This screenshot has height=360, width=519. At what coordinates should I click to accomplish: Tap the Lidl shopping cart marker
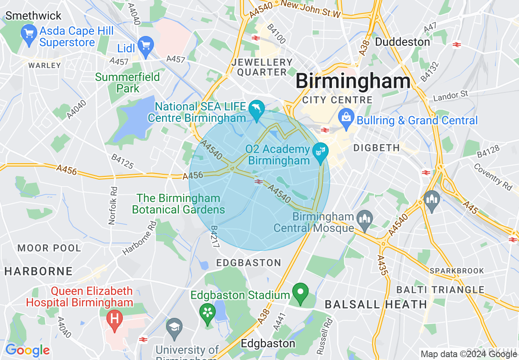[x=146, y=46]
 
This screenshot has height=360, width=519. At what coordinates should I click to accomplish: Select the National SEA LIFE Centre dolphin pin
[x=257, y=110]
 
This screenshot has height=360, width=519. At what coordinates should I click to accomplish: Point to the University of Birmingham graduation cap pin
[x=175, y=328]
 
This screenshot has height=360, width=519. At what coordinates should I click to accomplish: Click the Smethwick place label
[x=33, y=16]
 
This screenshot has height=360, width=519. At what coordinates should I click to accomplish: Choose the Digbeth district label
[x=376, y=148]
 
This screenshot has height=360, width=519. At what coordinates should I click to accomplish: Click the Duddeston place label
[x=402, y=42]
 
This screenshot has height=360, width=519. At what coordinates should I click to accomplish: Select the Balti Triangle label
[x=440, y=290]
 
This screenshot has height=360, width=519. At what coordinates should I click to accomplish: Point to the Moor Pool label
[x=49, y=248]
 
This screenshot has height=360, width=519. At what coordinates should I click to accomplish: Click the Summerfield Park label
[x=128, y=82]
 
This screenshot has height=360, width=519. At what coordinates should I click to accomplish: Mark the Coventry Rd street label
[x=493, y=177]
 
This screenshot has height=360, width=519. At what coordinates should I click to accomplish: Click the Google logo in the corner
[x=27, y=350]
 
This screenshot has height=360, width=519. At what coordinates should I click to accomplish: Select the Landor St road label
[x=450, y=97]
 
